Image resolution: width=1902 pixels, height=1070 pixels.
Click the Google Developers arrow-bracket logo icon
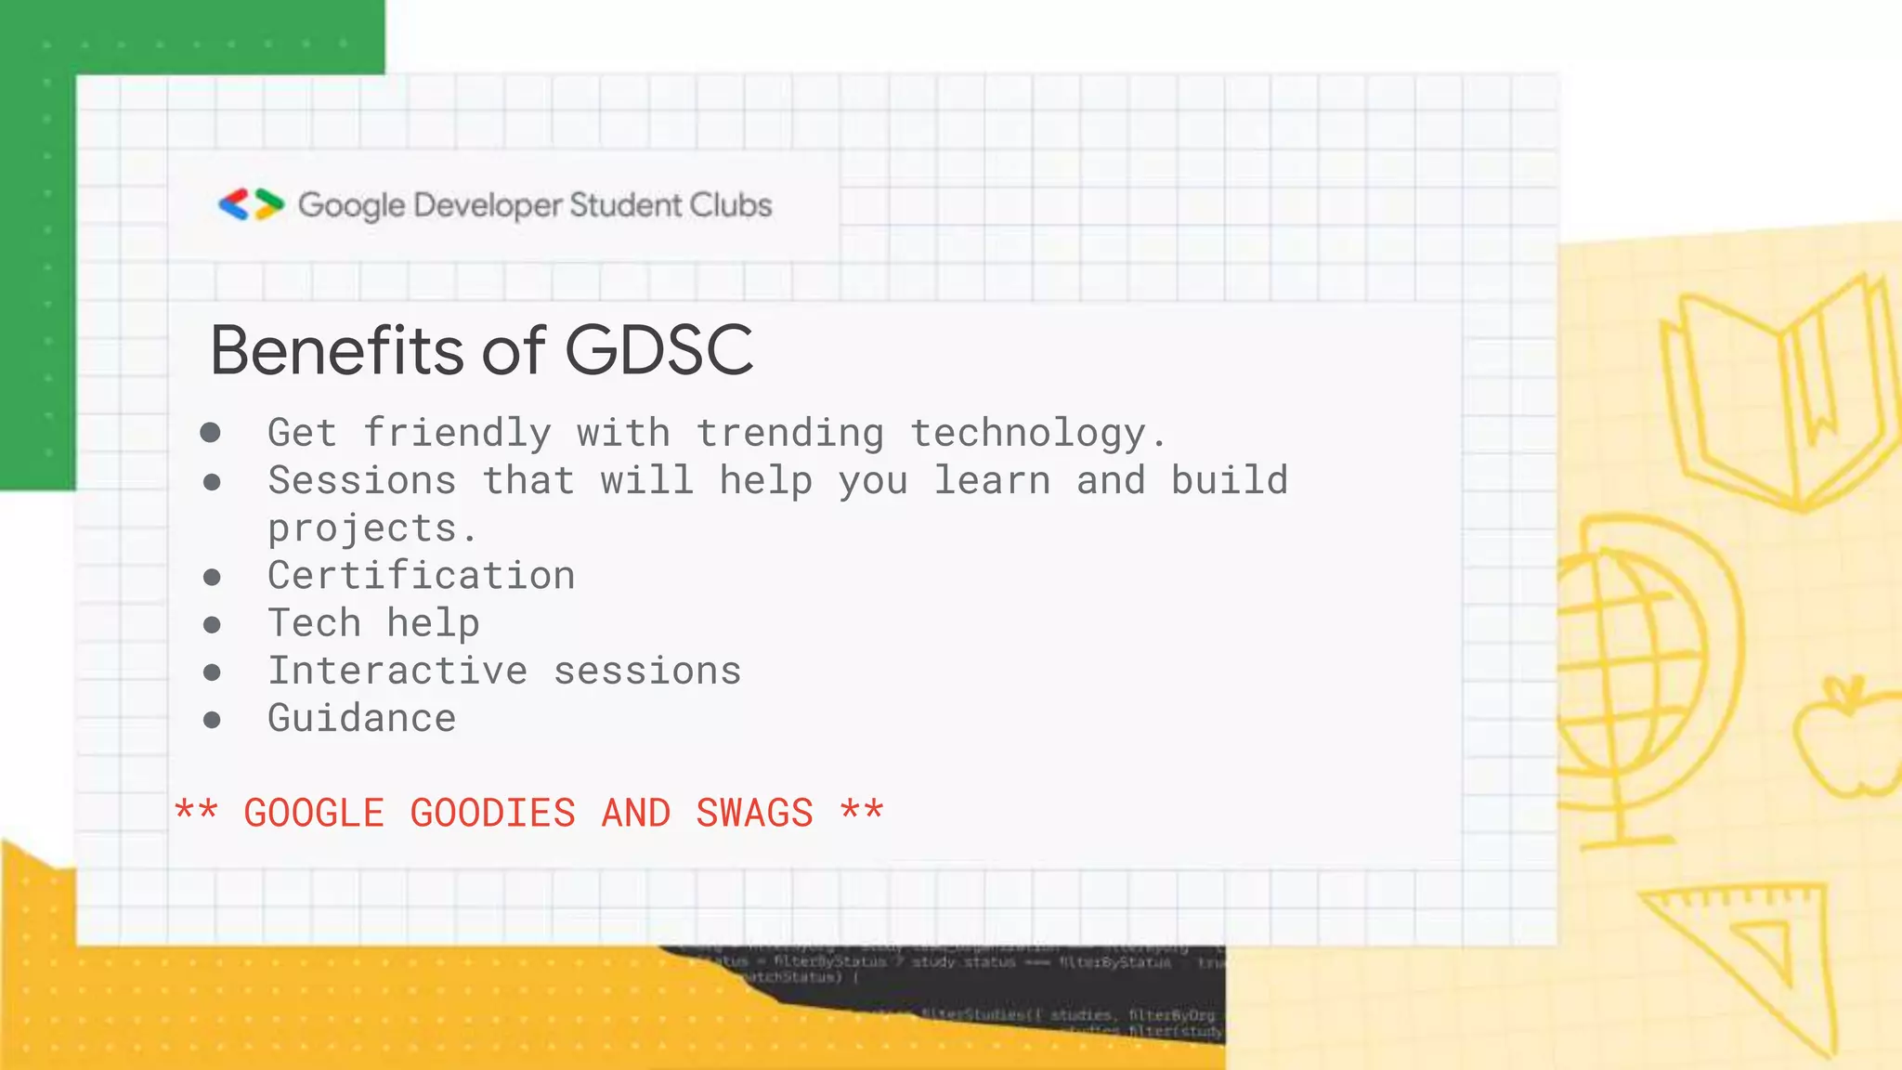coord(251,204)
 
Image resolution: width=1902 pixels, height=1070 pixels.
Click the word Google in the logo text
coord(351,206)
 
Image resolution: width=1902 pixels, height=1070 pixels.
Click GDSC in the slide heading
coord(658,350)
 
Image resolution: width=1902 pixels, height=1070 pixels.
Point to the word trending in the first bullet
coord(789,434)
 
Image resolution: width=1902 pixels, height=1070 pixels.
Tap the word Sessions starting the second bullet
coord(362,481)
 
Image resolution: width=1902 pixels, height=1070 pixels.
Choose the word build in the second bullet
coord(1229,481)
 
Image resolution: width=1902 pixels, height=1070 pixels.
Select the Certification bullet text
coord(421,576)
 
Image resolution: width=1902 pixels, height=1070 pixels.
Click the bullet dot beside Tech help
coord(212,625)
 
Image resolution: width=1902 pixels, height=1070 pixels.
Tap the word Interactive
coord(397,671)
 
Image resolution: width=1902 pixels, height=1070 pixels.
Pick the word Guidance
coord(361,718)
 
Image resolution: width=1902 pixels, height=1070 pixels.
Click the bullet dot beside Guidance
coord(212,720)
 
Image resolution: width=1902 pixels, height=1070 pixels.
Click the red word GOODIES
coord(492,814)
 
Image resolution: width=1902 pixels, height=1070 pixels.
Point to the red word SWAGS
coord(754,814)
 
